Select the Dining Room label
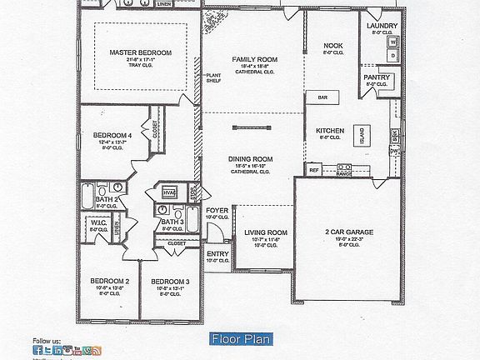coord(251,158)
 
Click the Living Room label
coord(265,232)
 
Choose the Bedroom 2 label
coord(109,282)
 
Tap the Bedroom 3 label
coord(170,282)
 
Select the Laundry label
coord(382,26)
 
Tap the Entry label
coord(217,253)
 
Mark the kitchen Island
coord(362,134)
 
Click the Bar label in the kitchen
coord(321,97)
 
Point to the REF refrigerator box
coord(314,170)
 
